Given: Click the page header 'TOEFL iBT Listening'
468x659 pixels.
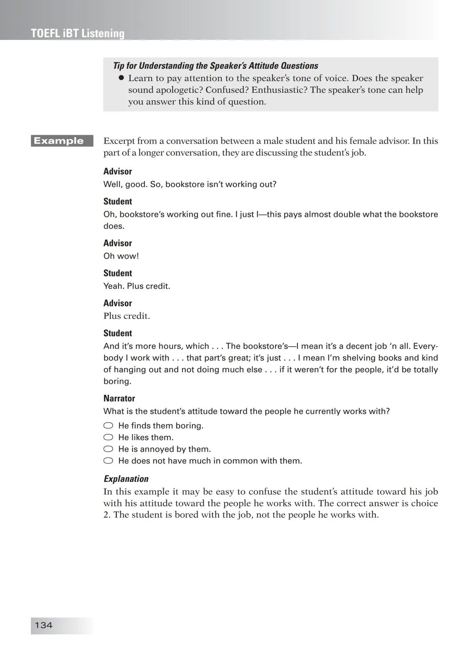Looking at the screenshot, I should coord(78,33).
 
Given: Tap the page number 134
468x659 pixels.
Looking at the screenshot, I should coord(43,625).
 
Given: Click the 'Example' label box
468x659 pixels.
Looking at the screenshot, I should coord(62,141).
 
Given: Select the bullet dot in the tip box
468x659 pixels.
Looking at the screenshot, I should coord(121,78).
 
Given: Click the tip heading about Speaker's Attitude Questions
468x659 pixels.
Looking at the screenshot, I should coord(215,66).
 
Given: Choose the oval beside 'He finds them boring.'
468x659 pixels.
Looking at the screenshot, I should coord(108,426).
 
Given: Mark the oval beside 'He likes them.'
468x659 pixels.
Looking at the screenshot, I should coord(108,437).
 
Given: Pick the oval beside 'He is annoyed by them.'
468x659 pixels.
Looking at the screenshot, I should coord(108,449).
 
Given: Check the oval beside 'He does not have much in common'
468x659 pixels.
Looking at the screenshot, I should coord(108,461).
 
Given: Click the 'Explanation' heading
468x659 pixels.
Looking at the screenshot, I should coord(126,479).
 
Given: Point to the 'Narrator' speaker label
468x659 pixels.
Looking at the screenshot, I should coord(119,398).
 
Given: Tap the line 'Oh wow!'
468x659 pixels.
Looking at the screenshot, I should coord(121,256).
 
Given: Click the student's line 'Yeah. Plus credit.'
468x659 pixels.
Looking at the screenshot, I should coord(136,286).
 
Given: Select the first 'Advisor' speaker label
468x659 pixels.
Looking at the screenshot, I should coord(117,171).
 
